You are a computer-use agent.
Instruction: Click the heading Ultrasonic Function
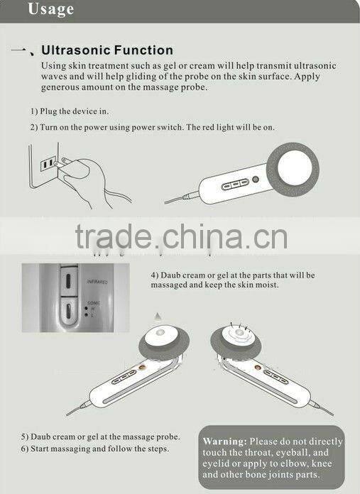(x=107, y=50)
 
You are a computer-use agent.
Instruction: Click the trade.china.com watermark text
(x=181, y=235)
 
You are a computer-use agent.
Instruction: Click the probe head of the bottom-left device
(x=165, y=343)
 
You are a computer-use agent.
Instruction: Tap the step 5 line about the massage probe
(x=99, y=437)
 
